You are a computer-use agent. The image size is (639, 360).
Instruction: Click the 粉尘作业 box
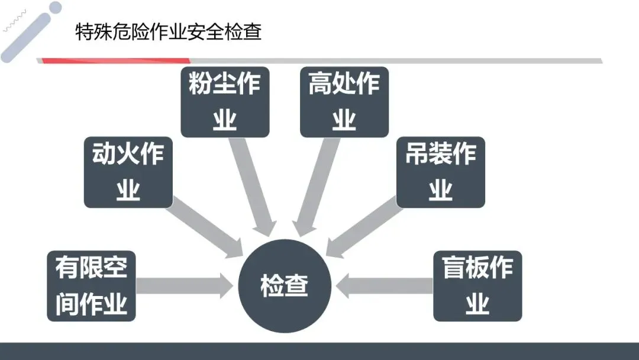point(225,102)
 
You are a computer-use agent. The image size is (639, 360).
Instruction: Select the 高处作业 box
point(344,102)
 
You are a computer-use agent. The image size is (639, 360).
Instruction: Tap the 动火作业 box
point(128,172)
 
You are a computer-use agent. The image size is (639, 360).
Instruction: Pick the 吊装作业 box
point(440,172)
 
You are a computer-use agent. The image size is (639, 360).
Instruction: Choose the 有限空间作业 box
point(91,286)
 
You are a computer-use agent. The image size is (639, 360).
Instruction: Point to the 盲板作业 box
point(477,286)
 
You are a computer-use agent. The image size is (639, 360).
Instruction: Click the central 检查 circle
point(285,287)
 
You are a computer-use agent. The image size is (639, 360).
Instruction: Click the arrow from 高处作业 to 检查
point(317,184)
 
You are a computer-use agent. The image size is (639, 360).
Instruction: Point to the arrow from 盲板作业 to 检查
point(385,286)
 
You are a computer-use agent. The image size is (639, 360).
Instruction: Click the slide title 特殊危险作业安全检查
point(169,31)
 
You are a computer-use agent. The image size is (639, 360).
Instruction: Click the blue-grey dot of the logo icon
point(55,8)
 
